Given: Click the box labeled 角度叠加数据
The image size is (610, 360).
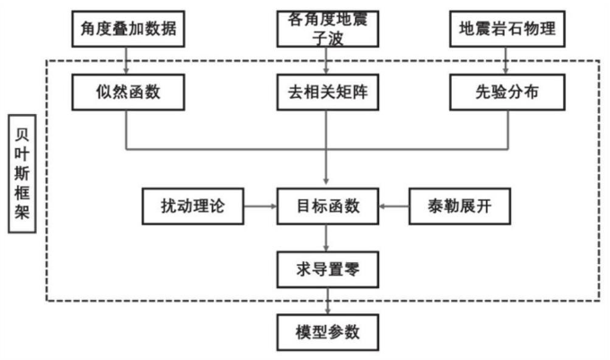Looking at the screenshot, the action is pyautogui.click(x=128, y=29).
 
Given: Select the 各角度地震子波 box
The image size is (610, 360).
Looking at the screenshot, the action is pyautogui.click(x=328, y=29).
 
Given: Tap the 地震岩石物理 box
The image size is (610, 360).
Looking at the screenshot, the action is pyautogui.click(x=508, y=29).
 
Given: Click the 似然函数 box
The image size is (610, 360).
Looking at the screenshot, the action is pyautogui.click(x=128, y=92).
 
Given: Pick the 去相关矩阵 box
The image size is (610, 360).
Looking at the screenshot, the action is pyautogui.click(x=328, y=92).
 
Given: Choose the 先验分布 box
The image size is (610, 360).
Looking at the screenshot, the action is pyautogui.click(x=508, y=92).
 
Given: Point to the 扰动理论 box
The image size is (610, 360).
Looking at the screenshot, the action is pyautogui.click(x=193, y=206).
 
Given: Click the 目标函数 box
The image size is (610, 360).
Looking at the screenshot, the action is pyautogui.click(x=328, y=206).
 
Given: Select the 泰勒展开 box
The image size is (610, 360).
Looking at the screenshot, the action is pyautogui.click(x=459, y=206).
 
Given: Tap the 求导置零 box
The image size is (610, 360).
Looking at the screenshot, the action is pyautogui.click(x=328, y=269).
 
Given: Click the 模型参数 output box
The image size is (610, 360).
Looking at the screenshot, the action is pyautogui.click(x=328, y=332).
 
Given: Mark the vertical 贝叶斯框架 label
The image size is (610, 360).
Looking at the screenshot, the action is pyautogui.click(x=22, y=174).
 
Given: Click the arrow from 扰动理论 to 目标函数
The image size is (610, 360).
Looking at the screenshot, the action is pyautogui.click(x=261, y=206).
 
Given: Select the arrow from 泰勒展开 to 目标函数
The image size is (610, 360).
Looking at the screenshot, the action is pyautogui.click(x=393, y=206).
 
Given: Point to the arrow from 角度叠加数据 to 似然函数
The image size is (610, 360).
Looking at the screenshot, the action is pyautogui.click(x=126, y=61).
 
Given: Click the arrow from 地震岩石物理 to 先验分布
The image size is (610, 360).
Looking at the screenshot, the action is pyautogui.click(x=506, y=61).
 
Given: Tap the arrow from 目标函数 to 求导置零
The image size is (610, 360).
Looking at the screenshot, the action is pyautogui.click(x=326, y=238).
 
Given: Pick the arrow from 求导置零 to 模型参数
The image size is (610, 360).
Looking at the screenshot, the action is pyautogui.click(x=328, y=302).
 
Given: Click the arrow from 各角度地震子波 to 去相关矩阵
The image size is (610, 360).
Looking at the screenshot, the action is pyautogui.click(x=326, y=61).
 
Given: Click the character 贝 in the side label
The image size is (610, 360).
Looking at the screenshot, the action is pyautogui.click(x=22, y=135).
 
